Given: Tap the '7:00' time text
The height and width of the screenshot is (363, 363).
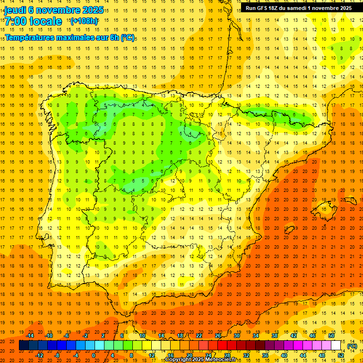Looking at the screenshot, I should pos(16,21).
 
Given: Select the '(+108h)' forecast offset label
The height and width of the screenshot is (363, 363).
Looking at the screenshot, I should pos(84,21).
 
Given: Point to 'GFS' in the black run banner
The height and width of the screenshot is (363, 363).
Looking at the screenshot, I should pos(262,8).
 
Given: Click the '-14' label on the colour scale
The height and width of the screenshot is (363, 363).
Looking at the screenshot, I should pos(30,336).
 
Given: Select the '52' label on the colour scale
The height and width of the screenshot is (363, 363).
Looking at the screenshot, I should pos(341,355).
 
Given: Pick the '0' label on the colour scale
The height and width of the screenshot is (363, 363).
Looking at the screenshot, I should pos(94,355).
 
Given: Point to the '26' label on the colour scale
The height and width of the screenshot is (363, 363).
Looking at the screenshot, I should pos(218,336).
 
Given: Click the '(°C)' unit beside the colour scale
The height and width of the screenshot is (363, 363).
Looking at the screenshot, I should pos(352,346).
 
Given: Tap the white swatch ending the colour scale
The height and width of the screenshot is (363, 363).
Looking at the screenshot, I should pos(336,346).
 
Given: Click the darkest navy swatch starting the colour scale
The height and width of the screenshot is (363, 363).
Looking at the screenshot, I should pos(24,346).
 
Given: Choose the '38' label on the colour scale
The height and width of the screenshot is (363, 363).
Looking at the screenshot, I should pos(274,336).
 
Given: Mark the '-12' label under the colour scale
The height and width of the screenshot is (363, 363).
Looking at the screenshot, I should pos(40,355).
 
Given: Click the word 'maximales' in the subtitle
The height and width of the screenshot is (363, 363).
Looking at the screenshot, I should pos(75,37).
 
